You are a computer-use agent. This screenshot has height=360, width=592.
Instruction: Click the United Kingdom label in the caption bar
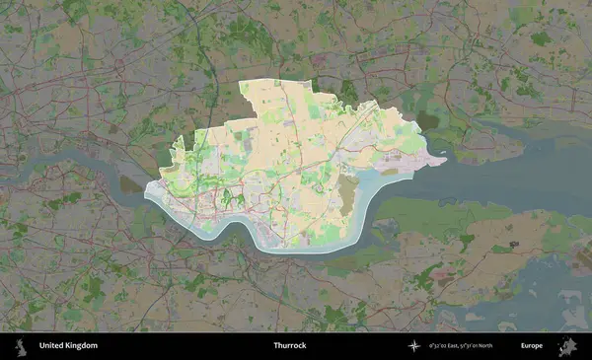click(68, 346)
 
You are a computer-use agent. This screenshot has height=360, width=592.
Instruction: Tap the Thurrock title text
click(290, 346)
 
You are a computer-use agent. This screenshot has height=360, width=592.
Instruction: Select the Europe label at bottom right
click(532, 346)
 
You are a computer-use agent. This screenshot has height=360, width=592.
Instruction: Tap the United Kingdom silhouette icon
click(21, 346)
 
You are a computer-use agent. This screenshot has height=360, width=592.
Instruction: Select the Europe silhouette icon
click(567, 346)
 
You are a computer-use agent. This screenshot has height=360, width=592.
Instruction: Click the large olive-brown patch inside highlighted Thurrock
click(347, 198)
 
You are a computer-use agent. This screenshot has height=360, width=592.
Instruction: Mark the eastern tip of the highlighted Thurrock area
click(446, 157)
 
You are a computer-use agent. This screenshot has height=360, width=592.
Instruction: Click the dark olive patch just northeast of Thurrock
click(426, 120)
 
